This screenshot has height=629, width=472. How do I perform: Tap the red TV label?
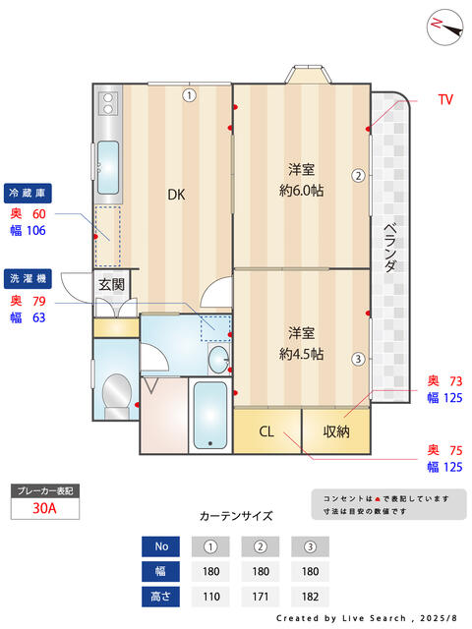pyautogui.click(x=444, y=99)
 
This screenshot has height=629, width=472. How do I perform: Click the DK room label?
pyautogui.click(x=175, y=195)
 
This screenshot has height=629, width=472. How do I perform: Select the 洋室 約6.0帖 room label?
pyautogui.click(x=301, y=179)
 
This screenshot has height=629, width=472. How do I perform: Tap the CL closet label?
pyautogui.click(x=266, y=430)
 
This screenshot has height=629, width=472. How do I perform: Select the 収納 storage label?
pyautogui.click(x=335, y=430)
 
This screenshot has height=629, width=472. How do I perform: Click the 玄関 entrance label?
pyautogui.click(x=111, y=285)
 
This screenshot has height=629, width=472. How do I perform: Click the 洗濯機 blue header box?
pyautogui.click(x=29, y=277)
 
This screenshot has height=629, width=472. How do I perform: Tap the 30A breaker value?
pyautogui.click(x=44, y=508)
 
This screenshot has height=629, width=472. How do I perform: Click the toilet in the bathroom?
pyautogui.click(x=117, y=393)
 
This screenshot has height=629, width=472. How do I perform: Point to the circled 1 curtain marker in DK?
pyautogui.click(x=189, y=95)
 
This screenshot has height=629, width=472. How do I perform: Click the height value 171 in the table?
pyautogui.click(x=261, y=596)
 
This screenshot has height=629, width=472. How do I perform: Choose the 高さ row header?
pyautogui.click(x=161, y=596)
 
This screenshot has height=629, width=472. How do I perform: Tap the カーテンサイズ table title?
pyautogui.click(x=235, y=515)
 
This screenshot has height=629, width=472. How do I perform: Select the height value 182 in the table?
pyautogui.click(x=310, y=596)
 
